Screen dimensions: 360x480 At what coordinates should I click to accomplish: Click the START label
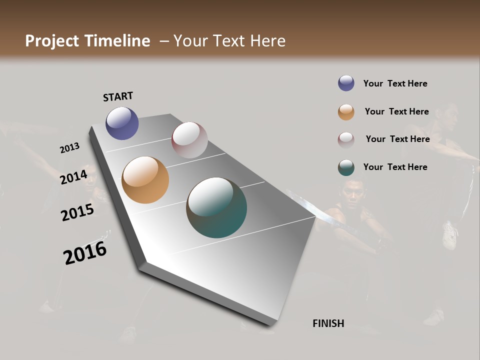[x=118, y=96]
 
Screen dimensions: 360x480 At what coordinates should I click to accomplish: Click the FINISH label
[x=328, y=323]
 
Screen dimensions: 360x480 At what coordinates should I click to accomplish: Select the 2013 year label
[x=69, y=148]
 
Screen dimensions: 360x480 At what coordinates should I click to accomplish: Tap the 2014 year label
[x=73, y=177]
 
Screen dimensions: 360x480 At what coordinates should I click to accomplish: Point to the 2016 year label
[x=85, y=253]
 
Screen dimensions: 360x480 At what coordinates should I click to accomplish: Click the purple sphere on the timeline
[x=122, y=123]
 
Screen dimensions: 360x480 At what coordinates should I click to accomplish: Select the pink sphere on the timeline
[x=189, y=140]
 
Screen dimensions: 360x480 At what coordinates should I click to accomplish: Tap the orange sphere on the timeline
[x=145, y=180]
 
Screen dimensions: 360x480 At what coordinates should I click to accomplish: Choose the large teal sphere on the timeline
[x=216, y=207]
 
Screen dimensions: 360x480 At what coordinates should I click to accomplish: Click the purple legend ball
[x=346, y=83]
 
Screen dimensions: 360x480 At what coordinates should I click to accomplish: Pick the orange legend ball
[x=346, y=112]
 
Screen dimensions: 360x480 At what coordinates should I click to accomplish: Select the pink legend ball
[x=346, y=139]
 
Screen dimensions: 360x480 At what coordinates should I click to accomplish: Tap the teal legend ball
[x=346, y=167]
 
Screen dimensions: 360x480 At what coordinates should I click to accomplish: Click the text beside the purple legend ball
[x=395, y=83]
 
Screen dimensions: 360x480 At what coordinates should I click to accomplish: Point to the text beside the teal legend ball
[x=395, y=167]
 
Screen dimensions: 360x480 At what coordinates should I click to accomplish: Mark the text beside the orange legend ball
[x=396, y=111]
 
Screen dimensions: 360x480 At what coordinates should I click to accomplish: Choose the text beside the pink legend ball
[x=397, y=139]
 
